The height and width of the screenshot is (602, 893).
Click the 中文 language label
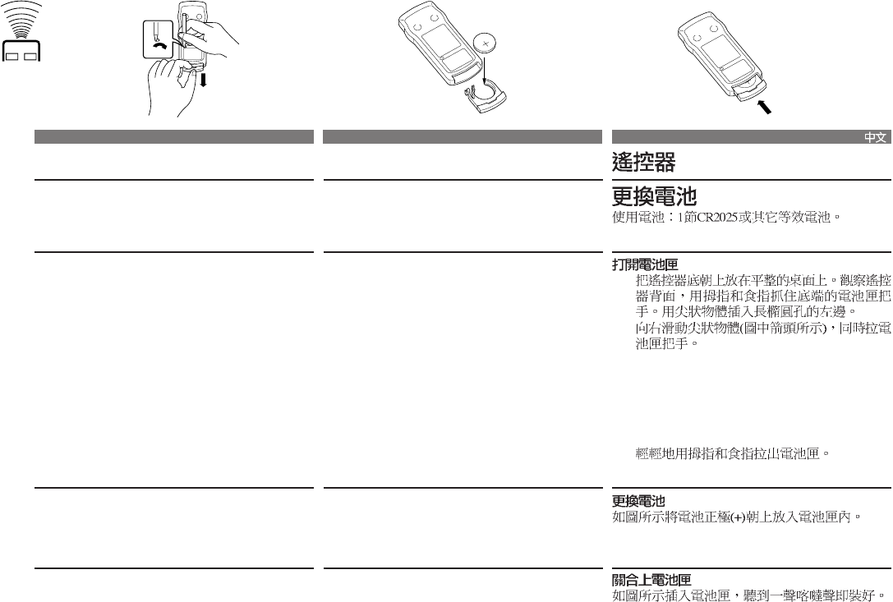pos(875,138)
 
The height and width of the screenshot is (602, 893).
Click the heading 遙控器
pos(643,162)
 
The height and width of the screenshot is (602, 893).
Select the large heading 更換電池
pos(654,197)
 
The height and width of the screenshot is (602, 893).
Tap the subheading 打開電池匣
pos(645,265)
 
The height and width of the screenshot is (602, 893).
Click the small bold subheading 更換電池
pos(638,501)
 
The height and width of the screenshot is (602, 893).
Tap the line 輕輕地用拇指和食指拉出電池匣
pos(734,453)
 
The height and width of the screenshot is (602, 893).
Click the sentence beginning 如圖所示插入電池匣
pos(750,594)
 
